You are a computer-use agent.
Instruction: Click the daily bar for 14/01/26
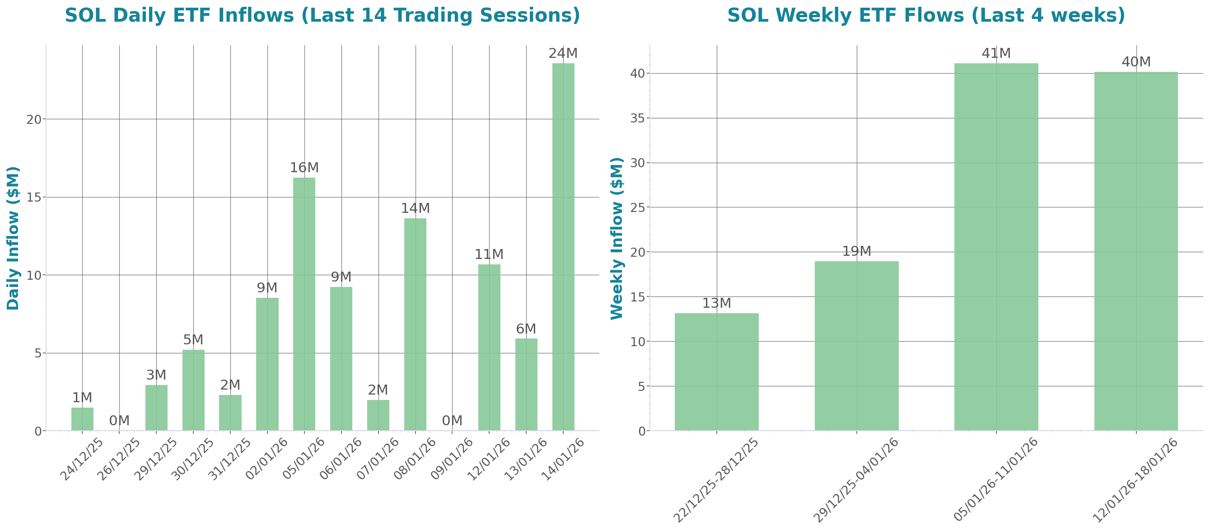[x=563, y=247]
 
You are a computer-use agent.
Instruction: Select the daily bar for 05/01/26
[x=304, y=304]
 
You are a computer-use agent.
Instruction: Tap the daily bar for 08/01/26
[x=415, y=324]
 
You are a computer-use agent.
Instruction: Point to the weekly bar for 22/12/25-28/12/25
[x=716, y=371]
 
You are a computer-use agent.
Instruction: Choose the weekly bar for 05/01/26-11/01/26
[x=996, y=247]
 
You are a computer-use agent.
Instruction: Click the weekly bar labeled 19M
[x=856, y=346]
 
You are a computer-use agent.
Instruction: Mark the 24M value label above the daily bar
[x=563, y=54]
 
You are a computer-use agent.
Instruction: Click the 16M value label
[x=304, y=168]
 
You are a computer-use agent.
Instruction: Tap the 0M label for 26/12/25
[x=119, y=421]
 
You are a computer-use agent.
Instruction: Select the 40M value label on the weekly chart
[x=1136, y=62]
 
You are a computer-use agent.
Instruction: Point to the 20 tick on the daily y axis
[x=34, y=119]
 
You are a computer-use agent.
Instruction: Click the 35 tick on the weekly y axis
[x=637, y=118]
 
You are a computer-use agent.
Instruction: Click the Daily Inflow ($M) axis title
[x=13, y=238]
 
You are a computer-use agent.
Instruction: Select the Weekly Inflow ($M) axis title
[x=616, y=238]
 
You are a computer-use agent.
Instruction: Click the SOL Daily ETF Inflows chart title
[x=322, y=15]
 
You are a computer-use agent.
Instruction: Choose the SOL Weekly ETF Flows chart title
[x=926, y=15]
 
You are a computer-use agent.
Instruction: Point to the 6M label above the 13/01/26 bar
[x=526, y=329]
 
